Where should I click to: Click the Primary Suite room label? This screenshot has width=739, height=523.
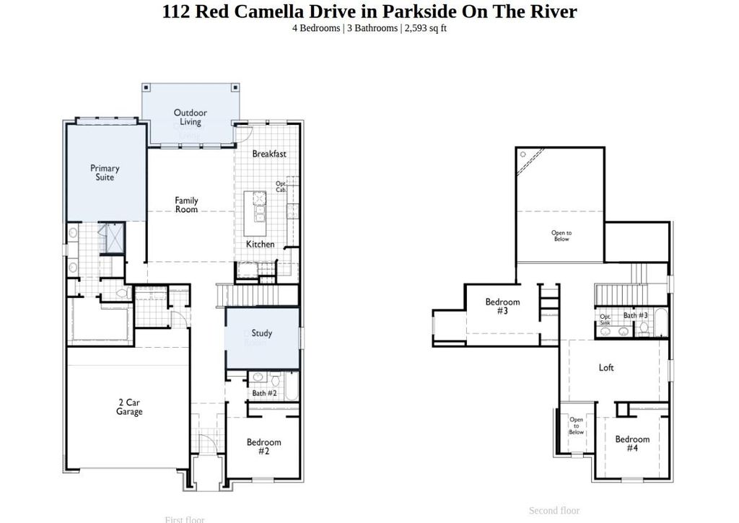coord(105,172)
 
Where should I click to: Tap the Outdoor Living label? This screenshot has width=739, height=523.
coord(191,117)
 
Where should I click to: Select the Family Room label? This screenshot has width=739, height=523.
coord(186,205)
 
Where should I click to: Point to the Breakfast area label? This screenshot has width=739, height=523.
coord(269,154)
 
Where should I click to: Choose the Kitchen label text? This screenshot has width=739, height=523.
coord(260,244)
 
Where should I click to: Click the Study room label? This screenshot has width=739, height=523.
coord(262,333)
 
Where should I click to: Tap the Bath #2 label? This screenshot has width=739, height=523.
coord(264,393)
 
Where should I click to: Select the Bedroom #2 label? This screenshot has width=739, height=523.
coord(263,447)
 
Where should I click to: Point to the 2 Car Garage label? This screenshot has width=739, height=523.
coord(129,407)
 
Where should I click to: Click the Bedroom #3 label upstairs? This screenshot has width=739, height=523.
coord(502,307)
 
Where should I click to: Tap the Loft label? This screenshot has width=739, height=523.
coord(606,367)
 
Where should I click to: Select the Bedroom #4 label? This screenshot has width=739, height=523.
coord(632,443)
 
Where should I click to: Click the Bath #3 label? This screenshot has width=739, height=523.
coord(635,315)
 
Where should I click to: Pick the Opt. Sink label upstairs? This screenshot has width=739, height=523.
coord(605,320)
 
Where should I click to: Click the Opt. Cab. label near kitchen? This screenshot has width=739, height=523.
coord(281,186)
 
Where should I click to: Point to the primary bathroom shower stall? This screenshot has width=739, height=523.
coord(112,238)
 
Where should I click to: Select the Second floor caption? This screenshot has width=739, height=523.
coord(554,511)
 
